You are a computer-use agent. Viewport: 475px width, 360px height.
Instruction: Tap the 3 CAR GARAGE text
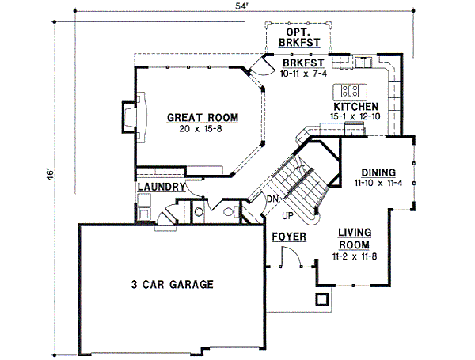(172, 284)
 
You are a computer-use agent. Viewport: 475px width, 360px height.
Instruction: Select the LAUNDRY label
(161, 188)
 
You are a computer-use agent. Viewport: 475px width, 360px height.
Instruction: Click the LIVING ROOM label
(355, 238)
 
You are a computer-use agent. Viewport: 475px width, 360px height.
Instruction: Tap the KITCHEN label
(355, 106)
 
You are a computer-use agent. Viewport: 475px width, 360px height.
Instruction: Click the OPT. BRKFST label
(299, 36)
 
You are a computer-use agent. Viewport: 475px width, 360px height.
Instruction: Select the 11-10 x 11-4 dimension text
(378, 183)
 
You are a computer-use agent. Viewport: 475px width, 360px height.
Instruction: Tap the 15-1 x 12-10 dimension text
(355, 116)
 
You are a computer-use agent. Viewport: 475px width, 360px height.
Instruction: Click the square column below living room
(321, 299)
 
